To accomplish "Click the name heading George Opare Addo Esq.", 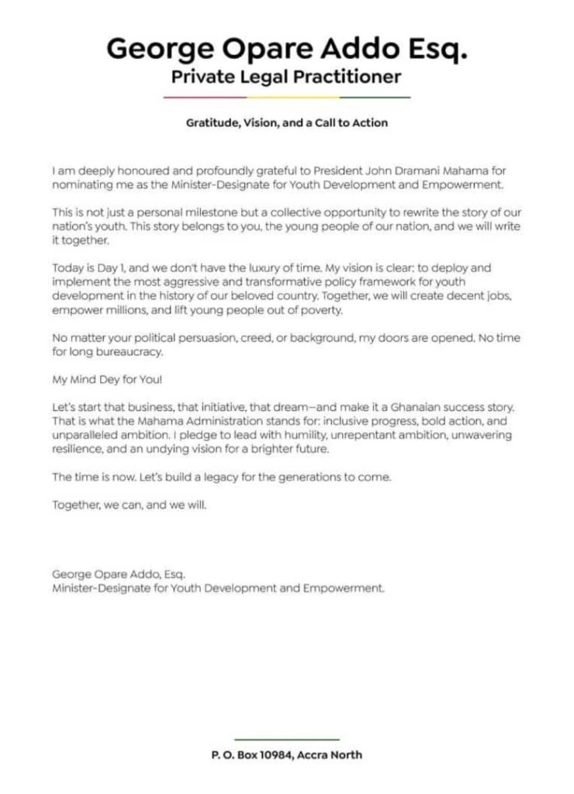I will tap(286, 49).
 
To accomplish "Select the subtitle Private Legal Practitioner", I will tap(286, 77).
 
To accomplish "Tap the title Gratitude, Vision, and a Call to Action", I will tap(286, 123).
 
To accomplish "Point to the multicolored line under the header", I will tap(286, 97).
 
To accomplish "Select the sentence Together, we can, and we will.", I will tap(130, 506).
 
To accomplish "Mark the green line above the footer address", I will tap(286, 740).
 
